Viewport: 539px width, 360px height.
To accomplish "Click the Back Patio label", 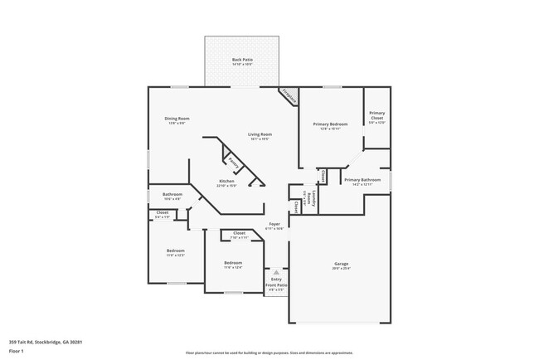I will (x=242, y=60).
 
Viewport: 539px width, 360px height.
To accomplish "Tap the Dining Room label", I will (x=177, y=119).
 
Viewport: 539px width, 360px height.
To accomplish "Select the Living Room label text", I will (x=260, y=134).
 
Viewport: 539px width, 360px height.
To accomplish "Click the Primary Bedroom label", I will (x=330, y=124).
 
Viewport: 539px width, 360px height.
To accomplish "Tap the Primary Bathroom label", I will (x=362, y=180).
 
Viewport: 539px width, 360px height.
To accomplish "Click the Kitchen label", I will (x=226, y=181).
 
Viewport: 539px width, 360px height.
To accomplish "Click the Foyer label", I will (x=274, y=225).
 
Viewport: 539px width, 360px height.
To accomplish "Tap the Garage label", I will (x=341, y=264).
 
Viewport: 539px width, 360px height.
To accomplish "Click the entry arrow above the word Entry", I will (x=276, y=272).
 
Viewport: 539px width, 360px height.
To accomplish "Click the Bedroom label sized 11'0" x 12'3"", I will (x=175, y=251).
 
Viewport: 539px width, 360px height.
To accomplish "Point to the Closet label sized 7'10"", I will (x=239, y=233).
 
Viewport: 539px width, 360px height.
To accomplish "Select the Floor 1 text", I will (x=17, y=351).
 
